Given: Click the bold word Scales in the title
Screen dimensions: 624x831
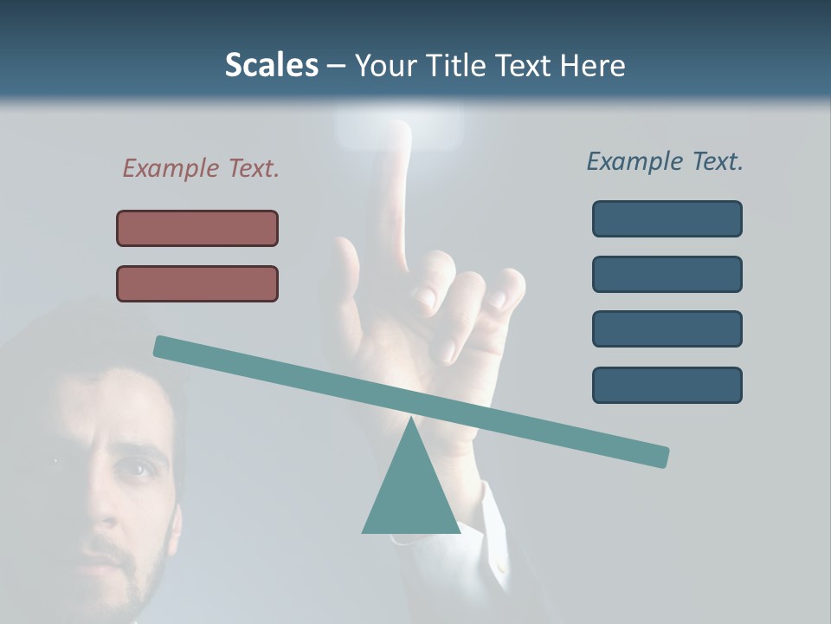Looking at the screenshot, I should click(271, 65).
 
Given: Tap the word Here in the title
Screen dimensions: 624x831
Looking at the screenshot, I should click(592, 65).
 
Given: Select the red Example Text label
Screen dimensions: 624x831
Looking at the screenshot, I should click(201, 168).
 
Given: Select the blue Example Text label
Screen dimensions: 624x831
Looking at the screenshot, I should click(665, 161).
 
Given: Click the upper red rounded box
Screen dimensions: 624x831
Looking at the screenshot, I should click(197, 228).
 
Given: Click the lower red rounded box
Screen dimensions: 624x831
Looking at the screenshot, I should click(197, 283).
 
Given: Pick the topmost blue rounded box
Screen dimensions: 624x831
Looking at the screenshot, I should click(667, 218).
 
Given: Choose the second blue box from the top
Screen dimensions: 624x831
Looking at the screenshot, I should click(667, 274).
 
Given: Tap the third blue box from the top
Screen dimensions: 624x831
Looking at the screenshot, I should click(667, 328).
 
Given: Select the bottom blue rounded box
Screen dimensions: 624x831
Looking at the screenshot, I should click(667, 385).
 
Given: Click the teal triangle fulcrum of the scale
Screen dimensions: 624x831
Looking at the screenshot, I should click(410, 490).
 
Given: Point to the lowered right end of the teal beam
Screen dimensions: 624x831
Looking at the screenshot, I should click(660, 456).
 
